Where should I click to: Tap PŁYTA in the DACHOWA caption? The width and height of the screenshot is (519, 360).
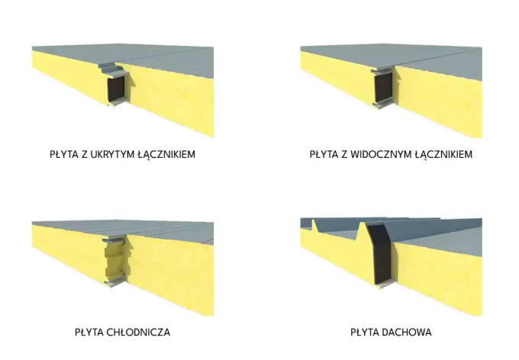(364, 332)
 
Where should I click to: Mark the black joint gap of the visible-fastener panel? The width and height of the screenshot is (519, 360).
(383, 87)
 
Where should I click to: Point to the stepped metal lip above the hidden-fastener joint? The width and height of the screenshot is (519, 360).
(111, 69)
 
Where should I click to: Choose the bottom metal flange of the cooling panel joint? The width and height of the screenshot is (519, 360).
(115, 282)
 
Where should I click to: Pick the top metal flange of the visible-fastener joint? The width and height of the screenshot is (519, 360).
(382, 69)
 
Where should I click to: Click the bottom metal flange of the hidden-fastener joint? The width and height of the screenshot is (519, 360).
(117, 101)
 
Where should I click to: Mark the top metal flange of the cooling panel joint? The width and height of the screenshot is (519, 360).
(114, 238)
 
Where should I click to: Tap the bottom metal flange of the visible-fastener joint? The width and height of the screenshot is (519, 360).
(382, 105)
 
